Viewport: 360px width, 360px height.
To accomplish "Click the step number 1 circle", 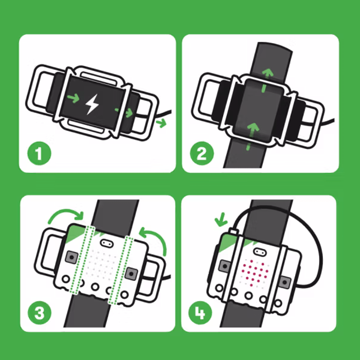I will tap(38, 154).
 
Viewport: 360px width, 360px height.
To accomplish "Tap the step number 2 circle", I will tap(201, 154).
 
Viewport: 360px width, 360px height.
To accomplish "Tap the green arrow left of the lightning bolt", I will tap(73, 97).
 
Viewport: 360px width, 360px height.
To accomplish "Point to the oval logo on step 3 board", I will tap(107, 242).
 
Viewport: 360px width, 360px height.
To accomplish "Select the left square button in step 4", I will tap(225, 265).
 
